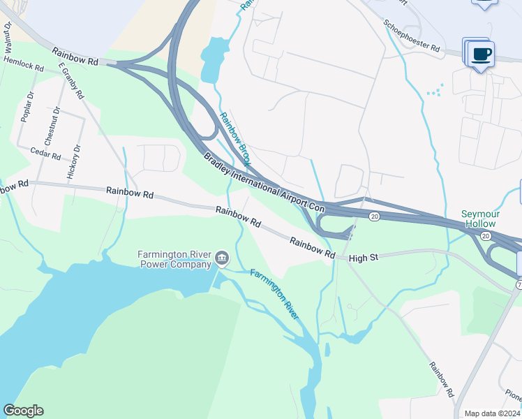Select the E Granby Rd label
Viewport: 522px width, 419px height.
(72, 82)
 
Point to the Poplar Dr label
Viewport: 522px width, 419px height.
(27, 107)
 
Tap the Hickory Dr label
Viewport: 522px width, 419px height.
(73, 162)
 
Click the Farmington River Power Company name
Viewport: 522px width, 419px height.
(175, 258)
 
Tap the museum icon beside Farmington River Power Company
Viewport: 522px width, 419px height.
(222, 259)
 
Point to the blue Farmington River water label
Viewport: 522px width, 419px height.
(274, 294)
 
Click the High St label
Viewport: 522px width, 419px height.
(363, 258)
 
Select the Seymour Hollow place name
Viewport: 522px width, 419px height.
(478, 219)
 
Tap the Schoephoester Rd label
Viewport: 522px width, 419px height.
(412, 36)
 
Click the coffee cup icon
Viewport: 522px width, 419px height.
(482, 53)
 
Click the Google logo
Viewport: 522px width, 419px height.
(23, 410)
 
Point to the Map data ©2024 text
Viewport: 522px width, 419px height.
(492, 413)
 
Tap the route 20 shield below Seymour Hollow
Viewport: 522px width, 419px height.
(485, 235)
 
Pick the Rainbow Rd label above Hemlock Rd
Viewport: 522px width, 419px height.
(74, 57)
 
